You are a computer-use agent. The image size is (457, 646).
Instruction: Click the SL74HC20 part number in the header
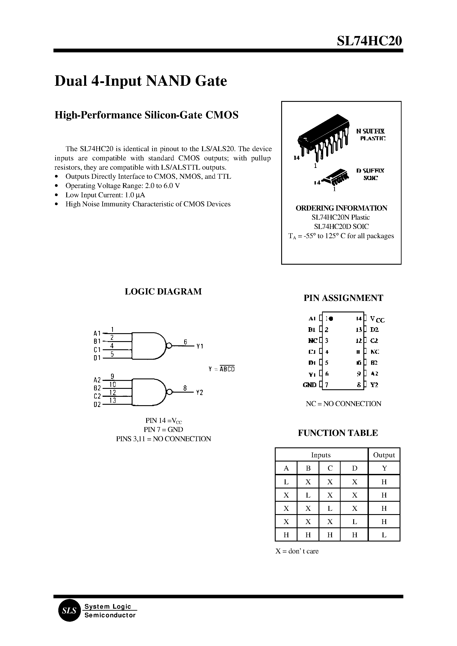pos(369,41)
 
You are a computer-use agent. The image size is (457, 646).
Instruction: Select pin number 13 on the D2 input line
pos(113,400)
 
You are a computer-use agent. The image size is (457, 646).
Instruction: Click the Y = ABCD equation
pos(222,369)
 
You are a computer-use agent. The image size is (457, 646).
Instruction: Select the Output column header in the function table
pos(384,455)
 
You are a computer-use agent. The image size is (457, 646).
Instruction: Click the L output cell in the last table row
pos(384,535)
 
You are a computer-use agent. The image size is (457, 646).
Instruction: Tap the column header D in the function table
pos(354,468)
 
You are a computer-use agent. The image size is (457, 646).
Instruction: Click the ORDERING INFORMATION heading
pos(341,208)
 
